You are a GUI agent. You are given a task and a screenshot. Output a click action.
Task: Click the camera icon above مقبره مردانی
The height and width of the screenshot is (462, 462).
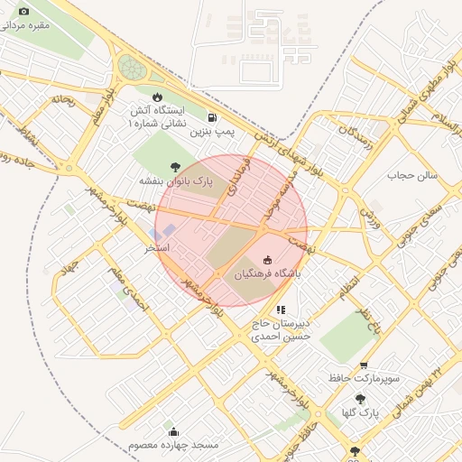coord(23,12)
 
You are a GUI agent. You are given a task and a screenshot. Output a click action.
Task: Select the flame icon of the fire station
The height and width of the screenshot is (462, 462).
coord(158,97)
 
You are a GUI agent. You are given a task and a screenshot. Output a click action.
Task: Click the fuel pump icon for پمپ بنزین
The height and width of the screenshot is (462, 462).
coord(211,116)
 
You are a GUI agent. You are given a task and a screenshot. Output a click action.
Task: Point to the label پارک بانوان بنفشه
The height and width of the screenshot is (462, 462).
coord(176,181)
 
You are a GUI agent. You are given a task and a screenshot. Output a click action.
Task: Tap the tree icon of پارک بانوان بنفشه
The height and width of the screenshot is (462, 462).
coord(174,166)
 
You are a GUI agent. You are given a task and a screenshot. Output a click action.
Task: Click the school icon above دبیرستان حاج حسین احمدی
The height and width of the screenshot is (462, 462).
coord(281,310)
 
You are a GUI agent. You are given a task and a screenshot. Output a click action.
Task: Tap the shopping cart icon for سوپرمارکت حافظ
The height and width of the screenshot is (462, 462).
coord(364,365)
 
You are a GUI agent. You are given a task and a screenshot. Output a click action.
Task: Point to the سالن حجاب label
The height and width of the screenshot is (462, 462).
coord(412,174)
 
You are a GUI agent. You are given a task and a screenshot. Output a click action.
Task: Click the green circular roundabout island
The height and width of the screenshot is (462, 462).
coord(132,66)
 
